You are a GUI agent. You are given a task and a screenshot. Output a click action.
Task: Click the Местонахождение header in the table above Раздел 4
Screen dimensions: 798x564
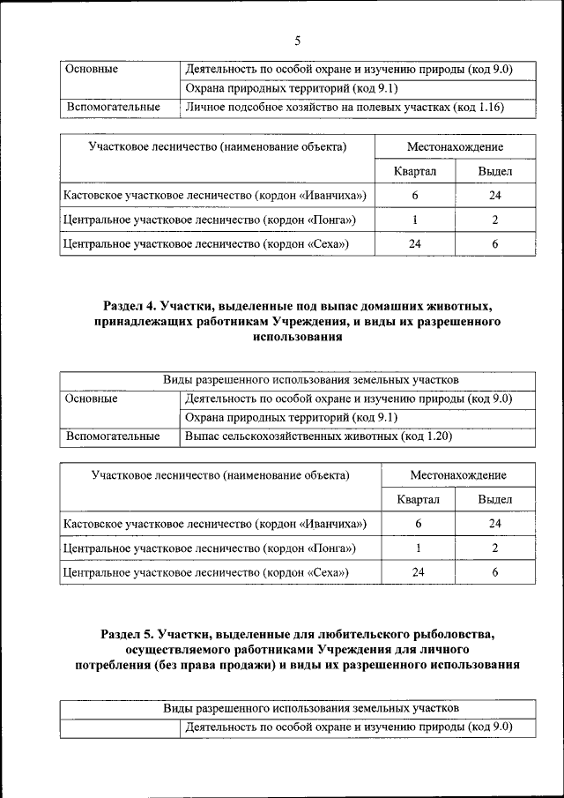pos(455,146)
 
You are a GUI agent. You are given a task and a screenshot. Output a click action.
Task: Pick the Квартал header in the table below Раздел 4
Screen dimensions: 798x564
pos(419,499)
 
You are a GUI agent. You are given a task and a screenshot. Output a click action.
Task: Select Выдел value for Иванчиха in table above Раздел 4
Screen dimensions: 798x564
pos(494,195)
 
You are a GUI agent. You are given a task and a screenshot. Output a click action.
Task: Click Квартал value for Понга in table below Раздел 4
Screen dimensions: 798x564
pos(419,548)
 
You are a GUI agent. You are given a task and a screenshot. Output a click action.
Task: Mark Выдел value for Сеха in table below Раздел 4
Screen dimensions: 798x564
pos(494,573)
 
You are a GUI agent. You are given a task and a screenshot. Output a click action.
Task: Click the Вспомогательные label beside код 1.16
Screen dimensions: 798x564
pos(112,108)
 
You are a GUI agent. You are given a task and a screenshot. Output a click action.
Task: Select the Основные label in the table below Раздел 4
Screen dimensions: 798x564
pos(92,399)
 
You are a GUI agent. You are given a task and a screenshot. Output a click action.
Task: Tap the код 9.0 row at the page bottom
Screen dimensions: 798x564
pos(348,727)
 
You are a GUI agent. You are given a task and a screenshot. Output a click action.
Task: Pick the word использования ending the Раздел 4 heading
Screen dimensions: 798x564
pos(297,337)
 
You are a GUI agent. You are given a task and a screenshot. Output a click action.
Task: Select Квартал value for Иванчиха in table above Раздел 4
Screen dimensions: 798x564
pos(414,195)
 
